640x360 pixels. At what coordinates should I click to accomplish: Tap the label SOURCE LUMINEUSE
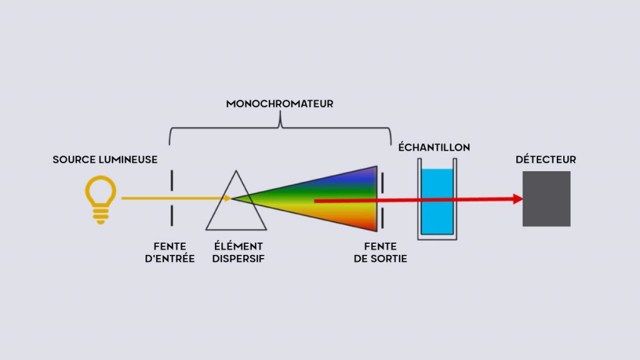[x=104, y=160]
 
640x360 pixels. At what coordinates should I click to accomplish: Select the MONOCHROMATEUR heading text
[x=279, y=104]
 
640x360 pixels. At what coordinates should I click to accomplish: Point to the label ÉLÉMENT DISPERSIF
[x=239, y=252]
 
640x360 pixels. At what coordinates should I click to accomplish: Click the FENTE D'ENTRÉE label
[x=169, y=252]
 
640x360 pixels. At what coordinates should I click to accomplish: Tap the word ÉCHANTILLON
[x=434, y=147]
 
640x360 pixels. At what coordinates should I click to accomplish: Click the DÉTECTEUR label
[x=546, y=160]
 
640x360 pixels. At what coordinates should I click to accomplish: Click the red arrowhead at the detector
[x=517, y=199]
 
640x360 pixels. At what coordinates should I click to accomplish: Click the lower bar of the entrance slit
[x=170, y=216]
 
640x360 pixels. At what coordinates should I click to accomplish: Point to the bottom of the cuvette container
[x=436, y=238]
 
